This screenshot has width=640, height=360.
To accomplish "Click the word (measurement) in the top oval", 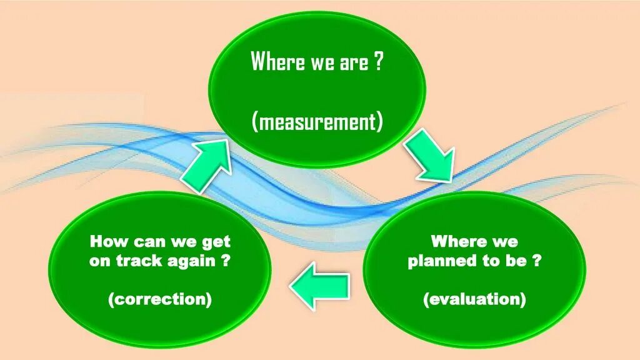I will pyautogui.click(x=317, y=121).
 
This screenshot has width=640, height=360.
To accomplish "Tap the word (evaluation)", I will pyautogui.click(x=474, y=299).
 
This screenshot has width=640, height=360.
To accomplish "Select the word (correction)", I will pyautogui.click(x=160, y=299).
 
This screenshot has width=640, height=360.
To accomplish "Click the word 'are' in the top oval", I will pyautogui.click(x=353, y=62).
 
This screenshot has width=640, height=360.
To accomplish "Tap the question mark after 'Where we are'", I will pyautogui.click(x=379, y=62).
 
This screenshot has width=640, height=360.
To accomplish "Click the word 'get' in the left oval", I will pyautogui.click(x=216, y=242).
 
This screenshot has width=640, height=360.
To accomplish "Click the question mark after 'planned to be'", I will pyautogui.click(x=536, y=261).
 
